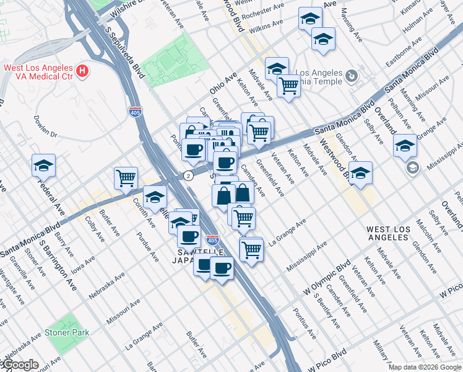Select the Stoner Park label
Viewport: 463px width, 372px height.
click(67, 332)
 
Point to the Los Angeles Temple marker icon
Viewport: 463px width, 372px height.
click(352, 76)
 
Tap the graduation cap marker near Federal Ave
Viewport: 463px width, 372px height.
click(44, 166)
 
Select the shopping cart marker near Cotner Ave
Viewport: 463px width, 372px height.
click(126, 178)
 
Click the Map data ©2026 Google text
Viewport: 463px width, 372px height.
click(424, 367)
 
